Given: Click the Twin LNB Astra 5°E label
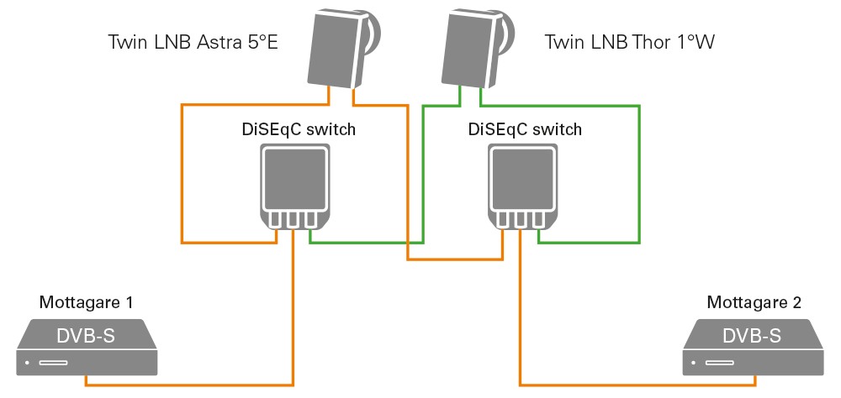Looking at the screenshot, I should click(x=193, y=42).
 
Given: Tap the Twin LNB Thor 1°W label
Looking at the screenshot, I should click(x=629, y=42).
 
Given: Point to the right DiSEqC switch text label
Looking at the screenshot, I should click(x=525, y=129).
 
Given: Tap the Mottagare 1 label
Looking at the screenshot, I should click(x=86, y=302).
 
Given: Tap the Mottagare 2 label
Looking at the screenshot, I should click(x=754, y=302).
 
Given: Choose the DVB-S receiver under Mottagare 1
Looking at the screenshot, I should click(x=87, y=347).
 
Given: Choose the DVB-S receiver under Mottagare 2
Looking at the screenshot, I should click(x=754, y=347).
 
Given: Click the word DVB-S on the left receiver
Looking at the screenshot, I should click(x=86, y=337).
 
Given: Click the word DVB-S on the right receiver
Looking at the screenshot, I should click(x=753, y=337).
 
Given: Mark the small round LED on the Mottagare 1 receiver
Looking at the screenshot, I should click(x=28, y=364).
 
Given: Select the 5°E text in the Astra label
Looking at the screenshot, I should click(x=259, y=42).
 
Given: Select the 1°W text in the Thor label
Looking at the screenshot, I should click(x=696, y=42).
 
